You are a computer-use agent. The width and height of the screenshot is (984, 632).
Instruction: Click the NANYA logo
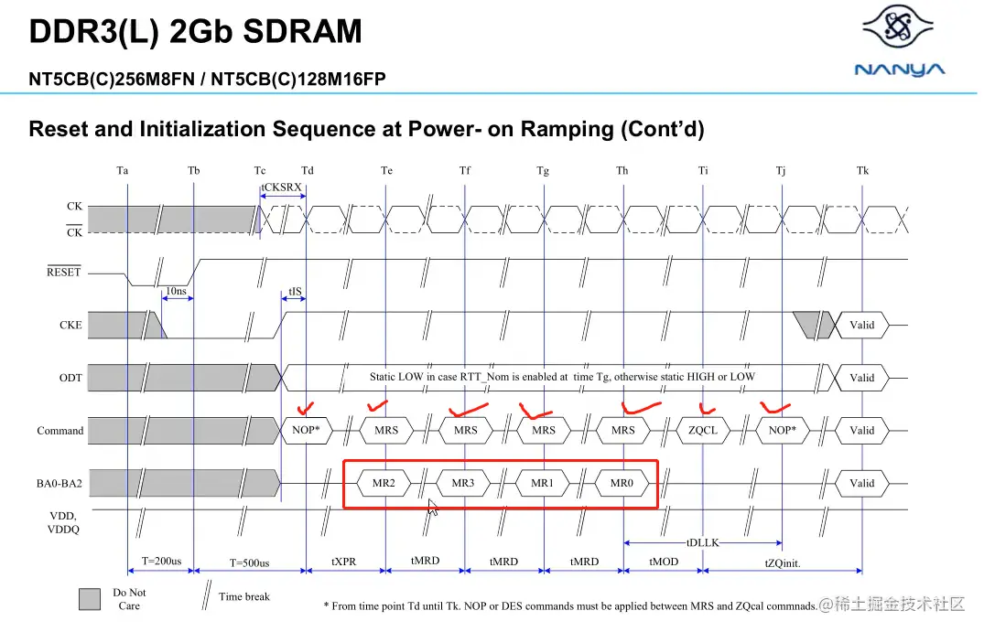899,41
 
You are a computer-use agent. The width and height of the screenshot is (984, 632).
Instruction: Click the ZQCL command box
702,430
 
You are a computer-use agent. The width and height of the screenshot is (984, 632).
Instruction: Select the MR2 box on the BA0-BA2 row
384,483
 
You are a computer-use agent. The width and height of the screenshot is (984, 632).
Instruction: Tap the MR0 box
622,483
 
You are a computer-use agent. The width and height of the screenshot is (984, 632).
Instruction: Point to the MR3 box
463,483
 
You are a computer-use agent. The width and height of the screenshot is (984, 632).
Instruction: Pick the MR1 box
543,483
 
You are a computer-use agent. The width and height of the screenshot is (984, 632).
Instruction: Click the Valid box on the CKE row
861,325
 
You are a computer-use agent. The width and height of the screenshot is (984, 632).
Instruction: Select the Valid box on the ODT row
861,378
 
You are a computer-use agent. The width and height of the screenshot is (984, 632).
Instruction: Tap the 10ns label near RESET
177,292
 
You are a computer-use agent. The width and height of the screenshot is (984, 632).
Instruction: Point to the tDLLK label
702,542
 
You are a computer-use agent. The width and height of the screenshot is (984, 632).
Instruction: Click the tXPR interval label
343,562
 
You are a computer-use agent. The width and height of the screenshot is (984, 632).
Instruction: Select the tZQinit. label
782,562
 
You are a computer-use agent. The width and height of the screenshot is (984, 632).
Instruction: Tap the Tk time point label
862,170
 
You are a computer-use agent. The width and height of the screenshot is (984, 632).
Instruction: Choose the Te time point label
386,170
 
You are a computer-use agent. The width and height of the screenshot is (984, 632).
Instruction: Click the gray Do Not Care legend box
90,598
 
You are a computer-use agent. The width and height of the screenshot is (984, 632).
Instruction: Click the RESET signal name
64,272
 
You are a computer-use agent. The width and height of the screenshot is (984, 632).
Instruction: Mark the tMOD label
663,562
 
